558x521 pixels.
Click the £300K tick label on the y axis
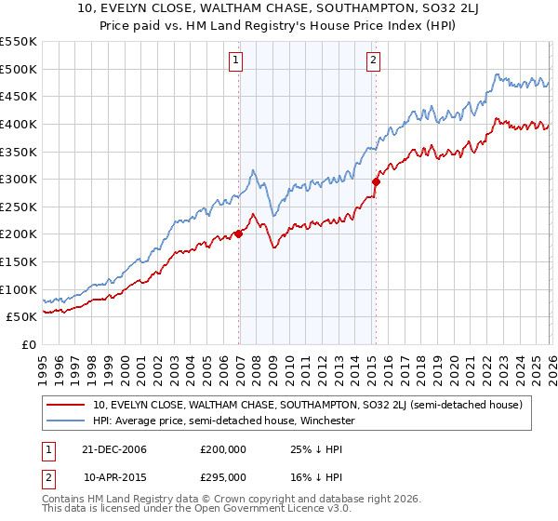point(19,179)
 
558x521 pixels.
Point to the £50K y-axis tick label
point(21,317)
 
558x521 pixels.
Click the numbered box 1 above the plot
point(236,62)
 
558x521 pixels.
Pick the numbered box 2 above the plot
point(373,62)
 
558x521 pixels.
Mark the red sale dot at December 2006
point(239,234)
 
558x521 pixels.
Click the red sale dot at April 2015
point(376,181)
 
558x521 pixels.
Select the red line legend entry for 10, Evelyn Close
point(307,405)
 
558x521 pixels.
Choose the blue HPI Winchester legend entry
point(224,421)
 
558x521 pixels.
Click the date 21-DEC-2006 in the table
point(115,449)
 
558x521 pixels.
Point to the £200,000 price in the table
point(223,449)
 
